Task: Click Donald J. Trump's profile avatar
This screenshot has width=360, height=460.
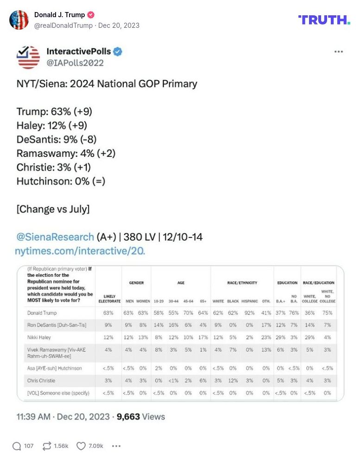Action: [x=19, y=20]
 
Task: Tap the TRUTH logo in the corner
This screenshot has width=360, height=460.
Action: [x=324, y=20]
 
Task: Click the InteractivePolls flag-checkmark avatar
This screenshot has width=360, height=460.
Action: [x=28, y=57]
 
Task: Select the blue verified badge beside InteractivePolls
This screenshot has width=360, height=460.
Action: [x=118, y=51]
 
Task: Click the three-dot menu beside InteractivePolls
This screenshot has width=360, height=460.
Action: [x=339, y=51]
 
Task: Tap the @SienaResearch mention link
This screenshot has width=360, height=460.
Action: [x=55, y=237]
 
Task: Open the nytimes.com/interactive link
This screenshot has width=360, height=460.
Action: [x=80, y=251]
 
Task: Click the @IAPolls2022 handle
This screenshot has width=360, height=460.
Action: [x=75, y=63]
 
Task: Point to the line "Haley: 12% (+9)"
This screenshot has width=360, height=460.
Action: [x=52, y=125]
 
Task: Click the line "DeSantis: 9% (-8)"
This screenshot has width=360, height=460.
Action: [x=57, y=139]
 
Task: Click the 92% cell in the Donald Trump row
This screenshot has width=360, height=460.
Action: [x=250, y=313]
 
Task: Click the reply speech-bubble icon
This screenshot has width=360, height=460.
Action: [x=17, y=446]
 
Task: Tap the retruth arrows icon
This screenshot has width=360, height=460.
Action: [x=46, y=446]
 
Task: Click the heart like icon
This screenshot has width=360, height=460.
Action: [x=81, y=446]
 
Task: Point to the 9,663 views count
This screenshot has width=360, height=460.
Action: [x=128, y=416]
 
